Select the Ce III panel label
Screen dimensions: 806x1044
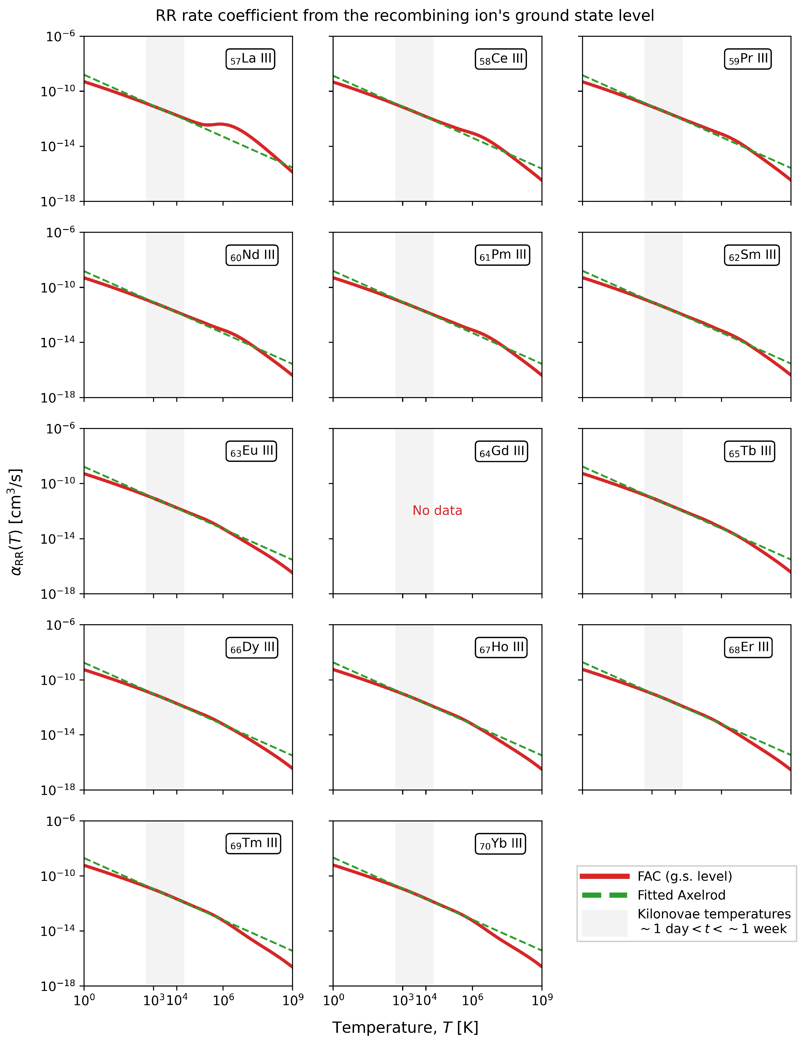pyautogui.click(x=500, y=59)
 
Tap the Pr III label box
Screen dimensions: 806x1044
pyautogui.click(x=748, y=59)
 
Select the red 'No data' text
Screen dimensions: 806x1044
pyautogui.click(x=437, y=511)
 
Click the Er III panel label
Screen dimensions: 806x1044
pyautogui.click(x=748, y=647)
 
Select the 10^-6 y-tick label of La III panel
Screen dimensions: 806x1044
pyautogui.click(x=61, y=36)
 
